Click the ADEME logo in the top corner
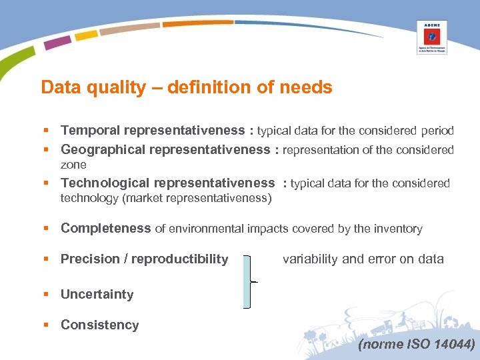[432, 37]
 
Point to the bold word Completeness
[105, 229]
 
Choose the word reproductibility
[180, 259]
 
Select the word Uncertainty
[97, 295]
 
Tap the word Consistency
[99, 325]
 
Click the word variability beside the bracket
[309, 259]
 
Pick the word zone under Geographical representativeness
[73, 165]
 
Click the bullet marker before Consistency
[46, 325]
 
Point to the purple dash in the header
[57, 42]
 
